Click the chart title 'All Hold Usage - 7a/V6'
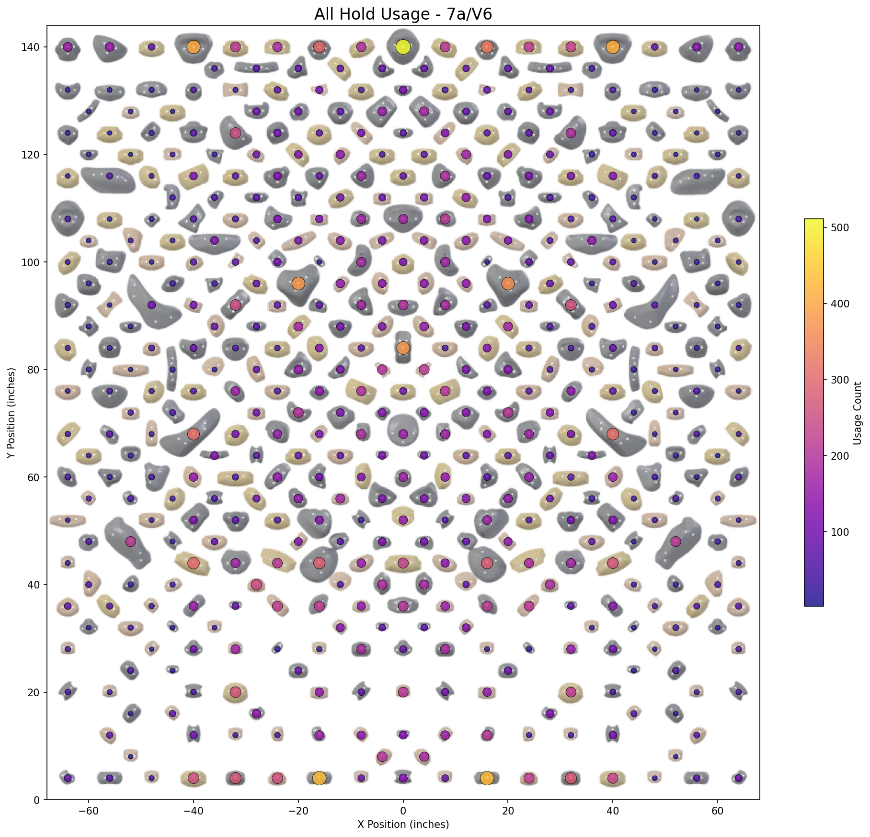[x=403, y=14]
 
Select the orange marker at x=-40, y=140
[x=194, y=47]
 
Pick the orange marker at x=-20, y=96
[x=298, y=283]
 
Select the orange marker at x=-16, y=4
[x=319, y=778]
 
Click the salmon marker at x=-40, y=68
[x=194, y=434]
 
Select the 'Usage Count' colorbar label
[x=858, y=413]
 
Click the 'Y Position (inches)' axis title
[x=11, y=413]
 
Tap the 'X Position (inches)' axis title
[x=403, y=825]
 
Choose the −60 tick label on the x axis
[x=89, y=810]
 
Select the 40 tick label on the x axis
[x=612, y=810]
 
